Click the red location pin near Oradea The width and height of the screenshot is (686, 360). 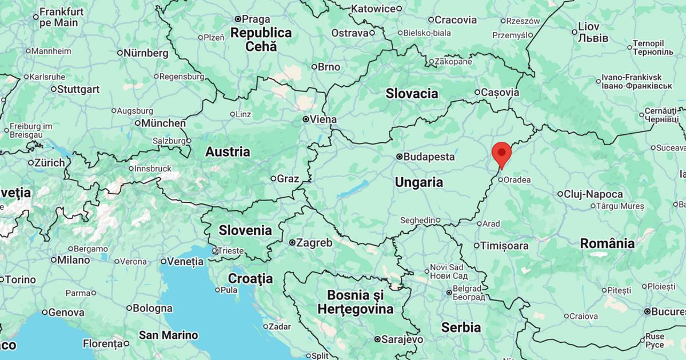click(x=501, y=153)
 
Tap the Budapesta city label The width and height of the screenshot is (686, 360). click(x=429, y=157)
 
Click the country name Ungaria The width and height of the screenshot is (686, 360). click(x=418, y=182)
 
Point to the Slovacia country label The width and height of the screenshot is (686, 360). click(x=412, y=93)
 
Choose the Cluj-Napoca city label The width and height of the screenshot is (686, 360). click(x=593, y=194)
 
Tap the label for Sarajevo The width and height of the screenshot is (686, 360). click(x=402, y=339)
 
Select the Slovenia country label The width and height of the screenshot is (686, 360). click(x=245, y=230)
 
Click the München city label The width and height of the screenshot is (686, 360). click(x=163, y=123)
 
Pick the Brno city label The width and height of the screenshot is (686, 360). click(x=329, y=67)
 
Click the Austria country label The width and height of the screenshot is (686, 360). click(x=228, y=151)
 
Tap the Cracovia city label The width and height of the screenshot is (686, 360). click(x=455, y=20)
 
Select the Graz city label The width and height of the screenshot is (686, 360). click(x=288, y=178)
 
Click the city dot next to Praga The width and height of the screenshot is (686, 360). click(x=237, y=19)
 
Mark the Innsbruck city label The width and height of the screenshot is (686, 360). click(x=152, y=169)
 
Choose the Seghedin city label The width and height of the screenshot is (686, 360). click(x=417, y=220)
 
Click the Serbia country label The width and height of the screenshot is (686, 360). click(x=461, y=327)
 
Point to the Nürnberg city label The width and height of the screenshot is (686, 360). click(x=146, y=53)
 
